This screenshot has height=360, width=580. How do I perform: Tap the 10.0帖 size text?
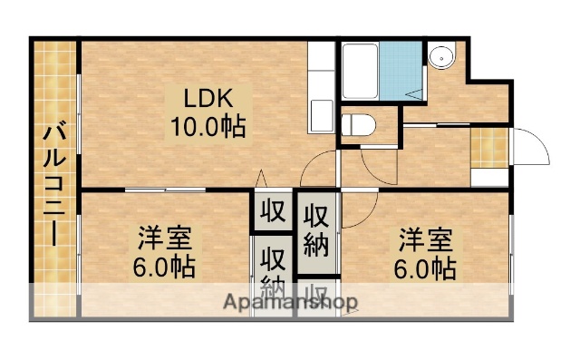(208, 127)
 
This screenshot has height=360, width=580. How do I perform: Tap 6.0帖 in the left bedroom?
(165, 268)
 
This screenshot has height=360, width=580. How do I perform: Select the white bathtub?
(359, 71)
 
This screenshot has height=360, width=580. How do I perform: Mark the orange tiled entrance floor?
(490, 146)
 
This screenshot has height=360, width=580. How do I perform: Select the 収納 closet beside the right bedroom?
(315, 230)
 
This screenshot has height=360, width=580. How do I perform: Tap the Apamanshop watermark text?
(291, 302)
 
